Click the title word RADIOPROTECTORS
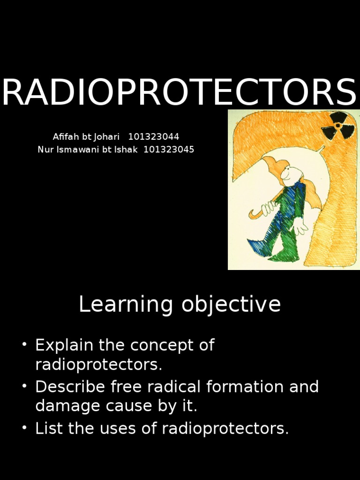tap(180, 93)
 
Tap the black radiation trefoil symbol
tap(337, 126)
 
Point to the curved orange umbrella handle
tap(256, 213)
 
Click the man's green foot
tap(284, 255)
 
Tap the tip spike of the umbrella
tap(322, 149)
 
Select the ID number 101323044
tap(153, 137)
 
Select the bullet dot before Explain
tap(24, 345)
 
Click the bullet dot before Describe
tap(24, 387)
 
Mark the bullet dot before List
tap(24, 429)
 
